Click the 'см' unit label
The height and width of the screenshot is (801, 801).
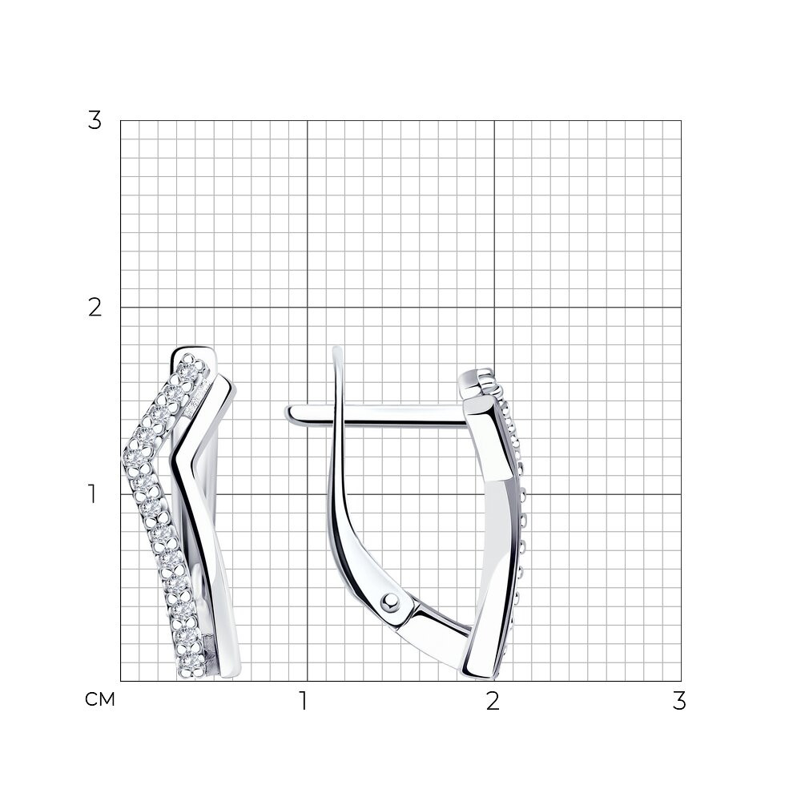click(x=100, y=699)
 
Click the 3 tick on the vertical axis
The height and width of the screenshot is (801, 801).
click(x=95, y=121)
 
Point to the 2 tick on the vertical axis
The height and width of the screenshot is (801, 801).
click(x=95, y=308)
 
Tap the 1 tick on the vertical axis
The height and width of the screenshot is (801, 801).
click(x=92, y=494)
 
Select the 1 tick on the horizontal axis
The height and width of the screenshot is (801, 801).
click(x=304, y=701)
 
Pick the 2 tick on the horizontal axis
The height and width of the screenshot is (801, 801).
click(x=493, y=701)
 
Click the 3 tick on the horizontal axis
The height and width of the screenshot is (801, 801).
click(x=679, y=701)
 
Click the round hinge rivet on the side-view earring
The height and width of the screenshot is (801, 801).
click(x=392, y=602)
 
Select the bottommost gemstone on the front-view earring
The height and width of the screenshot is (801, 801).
click(x=191, y=663)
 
